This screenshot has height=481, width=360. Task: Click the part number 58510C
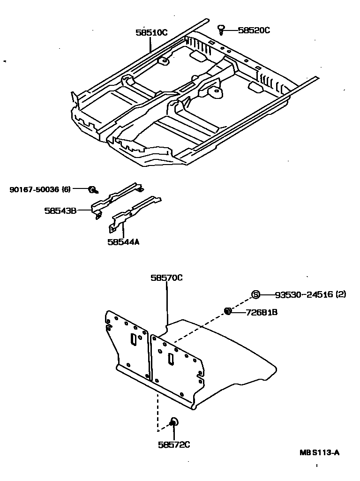151,33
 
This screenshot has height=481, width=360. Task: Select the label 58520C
254,30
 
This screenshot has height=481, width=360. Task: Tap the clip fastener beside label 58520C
221,30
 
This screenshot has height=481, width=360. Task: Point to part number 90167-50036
34,189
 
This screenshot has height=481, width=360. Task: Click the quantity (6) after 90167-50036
66,189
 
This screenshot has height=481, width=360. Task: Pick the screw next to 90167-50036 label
93,190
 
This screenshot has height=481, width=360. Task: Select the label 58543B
60,210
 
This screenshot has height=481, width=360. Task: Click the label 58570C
166,278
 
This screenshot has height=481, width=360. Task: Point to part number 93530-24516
304,294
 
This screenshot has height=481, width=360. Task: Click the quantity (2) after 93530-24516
341,294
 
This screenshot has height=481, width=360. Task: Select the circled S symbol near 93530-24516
255,294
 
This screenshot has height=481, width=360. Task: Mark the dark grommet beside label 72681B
228,311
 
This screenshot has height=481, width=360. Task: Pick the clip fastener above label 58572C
173,422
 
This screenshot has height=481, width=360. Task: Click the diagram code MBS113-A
320,453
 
